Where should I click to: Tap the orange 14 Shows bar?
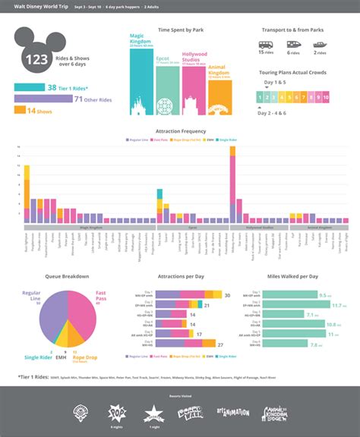click(21, 111)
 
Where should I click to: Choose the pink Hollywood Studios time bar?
click(194, 91)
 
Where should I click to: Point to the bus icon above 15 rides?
click(266, 45)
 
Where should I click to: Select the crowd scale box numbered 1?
click(260, 98)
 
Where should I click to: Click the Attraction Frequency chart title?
click(179, 131)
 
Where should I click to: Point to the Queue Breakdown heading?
click(67, 276)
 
